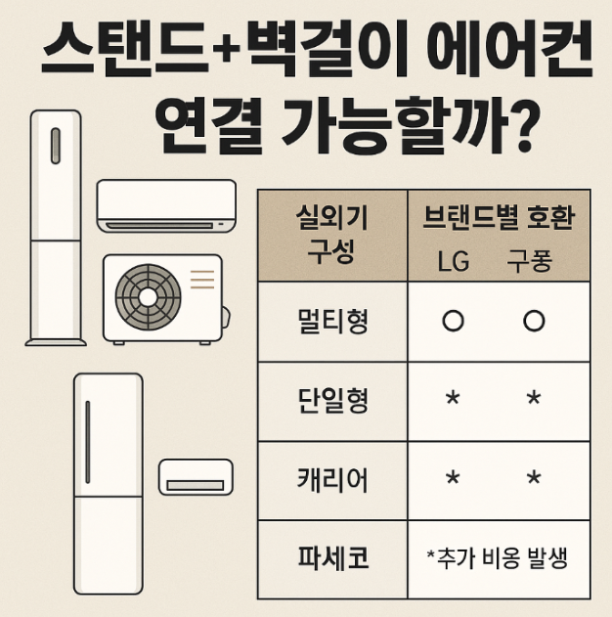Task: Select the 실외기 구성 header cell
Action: point(331,235)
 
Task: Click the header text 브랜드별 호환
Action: point(498,218)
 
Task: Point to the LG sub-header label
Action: point(453,262)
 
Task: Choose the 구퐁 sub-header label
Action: point(530,262)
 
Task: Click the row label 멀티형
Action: point(331,321)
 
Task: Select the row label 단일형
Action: point(331,401)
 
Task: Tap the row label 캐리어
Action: point(331,480)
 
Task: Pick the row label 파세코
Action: point(331,559)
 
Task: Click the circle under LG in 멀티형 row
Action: point(453,322)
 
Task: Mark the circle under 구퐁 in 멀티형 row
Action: point(533,322)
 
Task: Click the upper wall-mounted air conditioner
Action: point(166,205)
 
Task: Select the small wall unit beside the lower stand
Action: point(196,476)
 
